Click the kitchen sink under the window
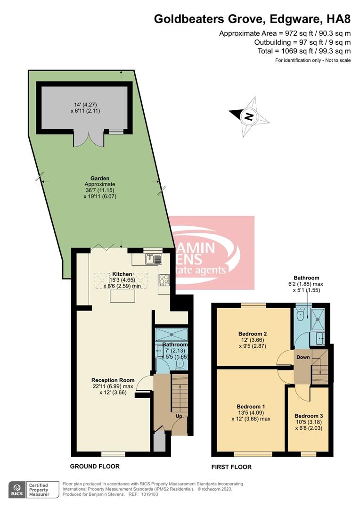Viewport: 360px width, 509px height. (x=153, y=258)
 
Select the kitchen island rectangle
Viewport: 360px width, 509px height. (x=123, y=296)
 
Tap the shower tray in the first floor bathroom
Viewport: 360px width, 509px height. (x=319, y=316)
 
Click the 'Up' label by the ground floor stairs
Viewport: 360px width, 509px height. (x=180, y=416)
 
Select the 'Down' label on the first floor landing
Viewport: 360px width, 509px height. (x=303, y=357)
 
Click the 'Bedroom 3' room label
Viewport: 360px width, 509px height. (x=309, y=416)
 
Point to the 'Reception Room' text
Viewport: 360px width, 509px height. (x=113, y=380)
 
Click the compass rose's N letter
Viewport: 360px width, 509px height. (x=249, y=116)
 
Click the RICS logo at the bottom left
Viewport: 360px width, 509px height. (x=17, y=489)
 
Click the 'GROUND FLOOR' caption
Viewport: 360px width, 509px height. (x=95, y=466)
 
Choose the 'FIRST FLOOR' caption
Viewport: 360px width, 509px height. (x=231, y=467)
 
